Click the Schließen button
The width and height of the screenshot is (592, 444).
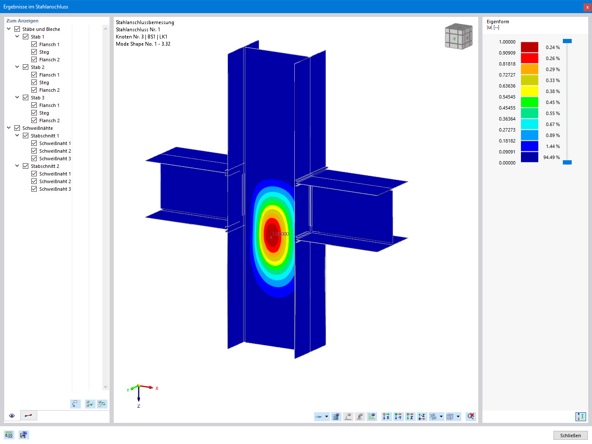tap(570, 436)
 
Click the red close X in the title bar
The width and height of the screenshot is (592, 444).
tap(587, 7)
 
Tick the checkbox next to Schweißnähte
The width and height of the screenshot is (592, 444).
tap(17, 128)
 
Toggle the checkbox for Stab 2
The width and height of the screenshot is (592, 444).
tap(26, 67)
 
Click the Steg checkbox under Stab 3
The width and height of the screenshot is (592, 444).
tap(34, 112)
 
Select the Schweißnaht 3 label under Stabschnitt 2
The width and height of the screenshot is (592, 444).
tap(55, 189)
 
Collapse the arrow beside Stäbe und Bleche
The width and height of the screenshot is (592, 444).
tap(8, 29)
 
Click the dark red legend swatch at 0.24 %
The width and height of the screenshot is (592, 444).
tap(529, 47)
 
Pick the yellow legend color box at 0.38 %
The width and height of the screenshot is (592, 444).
tap(529, 91)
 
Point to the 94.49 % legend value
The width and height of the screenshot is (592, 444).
tap(551, 157)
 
